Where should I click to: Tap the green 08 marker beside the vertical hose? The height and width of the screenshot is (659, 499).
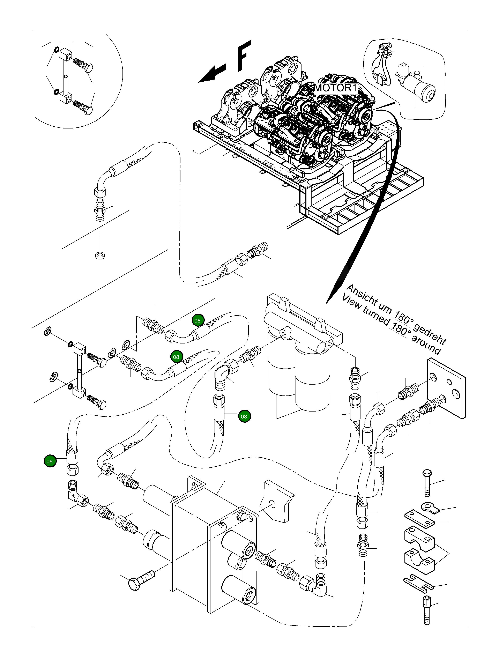click(244, 416)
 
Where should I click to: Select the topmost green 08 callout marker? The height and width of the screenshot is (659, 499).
click(197, 321)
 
